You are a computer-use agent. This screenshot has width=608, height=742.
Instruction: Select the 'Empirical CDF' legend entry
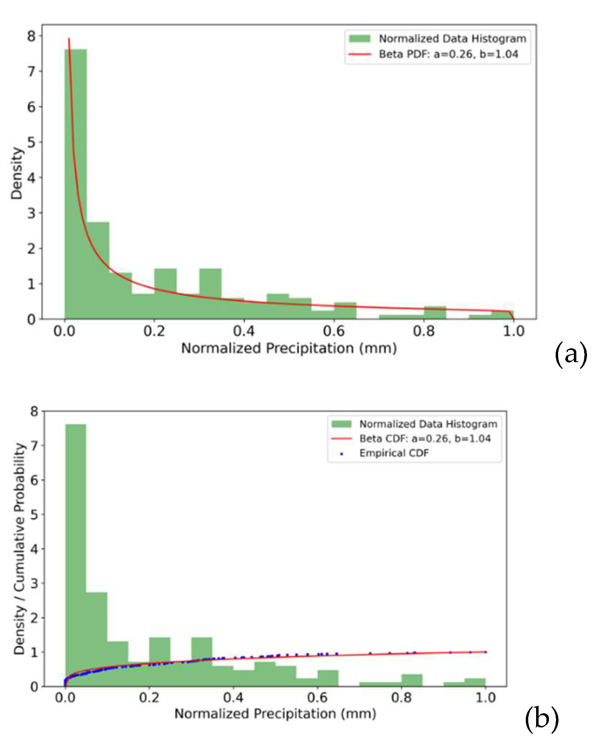pos(394,453)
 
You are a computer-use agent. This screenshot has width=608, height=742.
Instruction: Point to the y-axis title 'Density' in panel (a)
pos(16,173)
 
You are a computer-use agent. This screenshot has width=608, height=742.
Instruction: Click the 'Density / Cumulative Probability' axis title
pos(20,549)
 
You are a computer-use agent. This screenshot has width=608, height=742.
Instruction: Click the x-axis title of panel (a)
pos(289,348)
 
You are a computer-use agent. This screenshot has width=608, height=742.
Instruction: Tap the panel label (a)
pos(571,355)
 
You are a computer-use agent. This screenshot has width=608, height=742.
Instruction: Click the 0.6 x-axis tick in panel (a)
pos(334,331)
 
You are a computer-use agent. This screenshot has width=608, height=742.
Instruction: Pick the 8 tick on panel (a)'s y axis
pos(31,36)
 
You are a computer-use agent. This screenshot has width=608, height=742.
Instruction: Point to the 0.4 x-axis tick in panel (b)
pos(233,697)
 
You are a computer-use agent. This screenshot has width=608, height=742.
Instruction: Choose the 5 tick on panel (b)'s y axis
pos(34,514)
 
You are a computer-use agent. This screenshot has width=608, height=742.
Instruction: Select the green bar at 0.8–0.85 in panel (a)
pos(435,312)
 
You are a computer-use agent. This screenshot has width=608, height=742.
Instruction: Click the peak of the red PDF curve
pos(69,39)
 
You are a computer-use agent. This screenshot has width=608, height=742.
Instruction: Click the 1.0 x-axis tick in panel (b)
pos(486,697)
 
